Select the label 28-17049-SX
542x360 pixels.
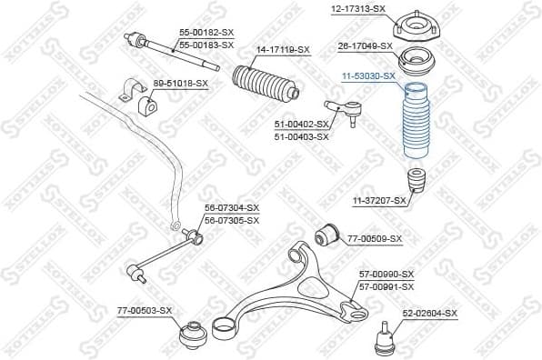365,45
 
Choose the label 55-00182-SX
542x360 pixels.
206,32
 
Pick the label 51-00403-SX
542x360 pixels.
301,137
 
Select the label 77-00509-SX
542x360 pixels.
374,238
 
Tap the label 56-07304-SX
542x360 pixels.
231,208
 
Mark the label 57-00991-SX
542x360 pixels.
386,286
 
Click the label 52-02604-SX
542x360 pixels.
429,313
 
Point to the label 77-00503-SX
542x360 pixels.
144,311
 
